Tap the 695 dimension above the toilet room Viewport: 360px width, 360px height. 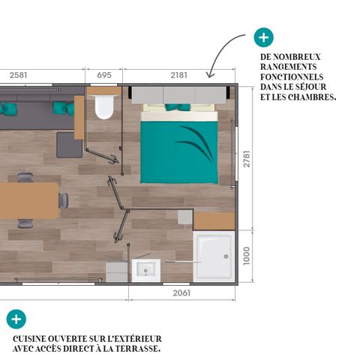coord(104,75)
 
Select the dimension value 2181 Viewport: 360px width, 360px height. coord(179,75)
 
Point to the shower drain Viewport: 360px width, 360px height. coord(223,254)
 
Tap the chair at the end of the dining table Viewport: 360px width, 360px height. coord(64,201)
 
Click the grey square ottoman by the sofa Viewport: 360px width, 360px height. coord(69,144)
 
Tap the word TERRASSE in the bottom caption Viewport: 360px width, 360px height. coord(139,349)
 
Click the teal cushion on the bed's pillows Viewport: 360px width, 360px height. coord(178,107)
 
